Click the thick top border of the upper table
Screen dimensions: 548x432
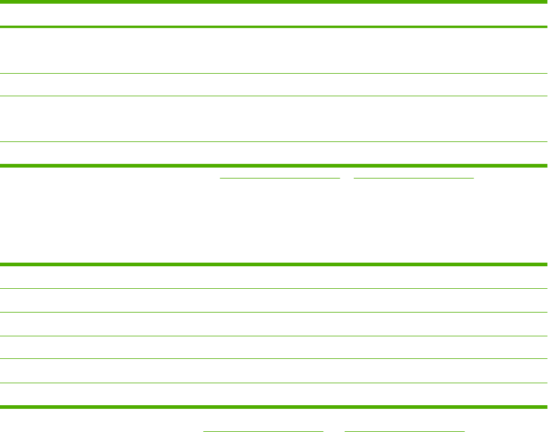[x=274, y=2]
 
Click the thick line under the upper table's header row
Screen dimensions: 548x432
[x=274, y=27]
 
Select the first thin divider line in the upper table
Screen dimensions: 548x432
[x=274, y=74]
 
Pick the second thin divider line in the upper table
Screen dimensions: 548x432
[x=274, y=96]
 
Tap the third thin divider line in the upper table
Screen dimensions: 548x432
[x=274, y=142]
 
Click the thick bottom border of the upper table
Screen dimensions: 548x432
[x=274, y=165]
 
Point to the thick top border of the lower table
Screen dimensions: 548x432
[x=274, y=264]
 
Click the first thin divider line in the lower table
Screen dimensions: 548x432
[x=274, y=288]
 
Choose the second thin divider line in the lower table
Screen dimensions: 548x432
[x=274, y=312]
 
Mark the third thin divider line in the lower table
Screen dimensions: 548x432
[x=274, y=336]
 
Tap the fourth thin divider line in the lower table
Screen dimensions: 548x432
[x=274, y=359]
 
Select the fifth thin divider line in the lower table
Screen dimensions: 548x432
[x=274, y=383]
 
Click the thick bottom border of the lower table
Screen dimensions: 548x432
[x=274, y=406]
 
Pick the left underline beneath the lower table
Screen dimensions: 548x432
[x=262, y=430]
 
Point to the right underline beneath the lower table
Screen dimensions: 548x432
[x=404, y=430]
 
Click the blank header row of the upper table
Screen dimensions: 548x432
[x=274, y=15]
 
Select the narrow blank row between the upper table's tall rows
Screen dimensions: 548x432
[x=274, y=85]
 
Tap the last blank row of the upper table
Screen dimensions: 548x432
[x=274, y=154]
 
